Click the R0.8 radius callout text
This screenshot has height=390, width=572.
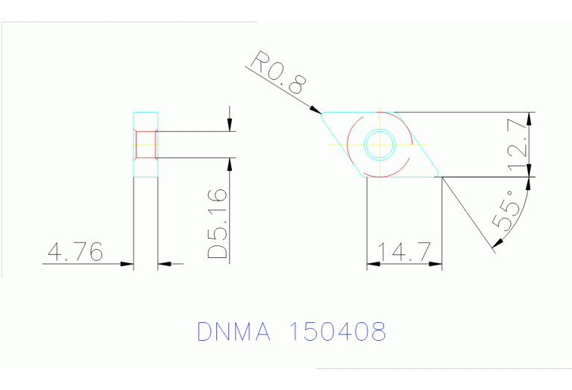click(x=278, y=73)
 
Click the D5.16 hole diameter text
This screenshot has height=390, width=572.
click(x=218, y=224)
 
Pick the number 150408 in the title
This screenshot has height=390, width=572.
click(x=336, y=331)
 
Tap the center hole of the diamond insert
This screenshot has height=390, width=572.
click(x=380, y=144)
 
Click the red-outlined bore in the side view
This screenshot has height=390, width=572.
click(x=145, y=145)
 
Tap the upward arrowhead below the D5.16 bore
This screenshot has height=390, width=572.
click(x=230, y=164)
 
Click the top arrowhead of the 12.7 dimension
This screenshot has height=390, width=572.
click(x=530, y=118)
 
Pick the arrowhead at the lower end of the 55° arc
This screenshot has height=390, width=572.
click(x=494, y=246)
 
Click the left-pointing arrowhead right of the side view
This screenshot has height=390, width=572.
click(x=165, y=262)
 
